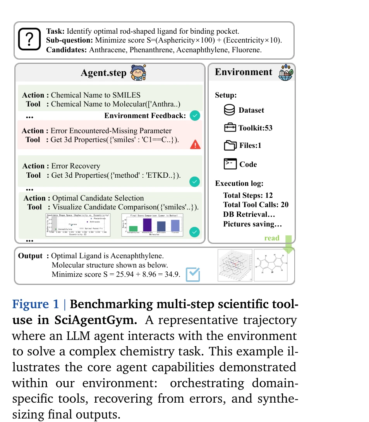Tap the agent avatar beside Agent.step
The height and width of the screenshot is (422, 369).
(x=138, y=73)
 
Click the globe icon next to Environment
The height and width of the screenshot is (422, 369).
(x=286, y=72)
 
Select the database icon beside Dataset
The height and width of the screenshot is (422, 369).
(x=230, y=110)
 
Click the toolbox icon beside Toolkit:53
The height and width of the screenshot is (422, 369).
(x=230, y=128)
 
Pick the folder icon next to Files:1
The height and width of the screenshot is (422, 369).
(x=230, y=146)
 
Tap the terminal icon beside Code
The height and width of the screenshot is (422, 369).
(x=230, y=164)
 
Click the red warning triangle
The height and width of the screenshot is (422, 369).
(x=196, y=144)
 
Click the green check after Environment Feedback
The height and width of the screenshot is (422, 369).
(x=196, y=115)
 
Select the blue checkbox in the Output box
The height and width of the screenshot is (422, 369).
(x=193, y=274)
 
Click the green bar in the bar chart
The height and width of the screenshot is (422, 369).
(x=133, y=228)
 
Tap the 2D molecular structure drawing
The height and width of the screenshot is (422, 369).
(x=270, y=265)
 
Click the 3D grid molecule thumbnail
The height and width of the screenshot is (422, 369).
(x=235, y=265)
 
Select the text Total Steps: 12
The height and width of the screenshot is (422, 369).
(x=248, y=196)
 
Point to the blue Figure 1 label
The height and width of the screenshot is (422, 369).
(x=36, y=304)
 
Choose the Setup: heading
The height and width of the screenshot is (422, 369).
(x=226, y=95)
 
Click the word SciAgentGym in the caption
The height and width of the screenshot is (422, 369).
(x=89, y=320)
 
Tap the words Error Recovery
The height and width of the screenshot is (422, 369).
(x=76, y=166)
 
